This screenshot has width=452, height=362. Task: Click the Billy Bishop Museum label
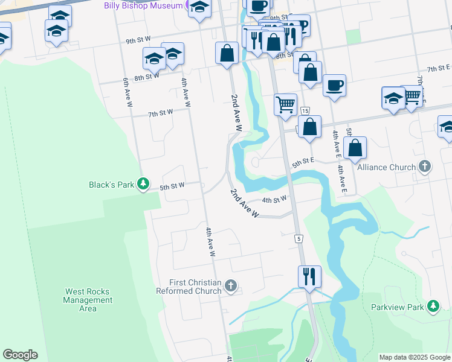tap(150, 5)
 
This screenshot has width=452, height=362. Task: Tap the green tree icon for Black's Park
tap(143, 183)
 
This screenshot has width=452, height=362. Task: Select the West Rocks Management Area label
tap(88, 300)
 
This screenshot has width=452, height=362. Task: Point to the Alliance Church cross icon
tap(425, 167)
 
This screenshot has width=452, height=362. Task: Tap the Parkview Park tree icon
tap(433, 306)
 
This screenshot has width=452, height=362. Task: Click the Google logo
tap(20, 355)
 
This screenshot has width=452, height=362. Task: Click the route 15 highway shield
tap(305, 111)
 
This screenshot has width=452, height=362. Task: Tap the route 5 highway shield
tap(299, 239)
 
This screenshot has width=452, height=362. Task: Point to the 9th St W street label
tap(138, 41)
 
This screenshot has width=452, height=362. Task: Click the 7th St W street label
tap(161, 112)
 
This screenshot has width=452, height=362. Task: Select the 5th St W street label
tap(172, 187)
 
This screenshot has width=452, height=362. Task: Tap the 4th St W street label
tap(274, 200)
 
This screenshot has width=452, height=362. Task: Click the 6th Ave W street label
tap(128, 92)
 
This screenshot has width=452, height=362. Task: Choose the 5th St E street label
tap(303, 162)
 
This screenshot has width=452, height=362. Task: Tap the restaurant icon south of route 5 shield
tap(309, 277)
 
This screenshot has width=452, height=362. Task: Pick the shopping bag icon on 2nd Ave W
tap(227, 52)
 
